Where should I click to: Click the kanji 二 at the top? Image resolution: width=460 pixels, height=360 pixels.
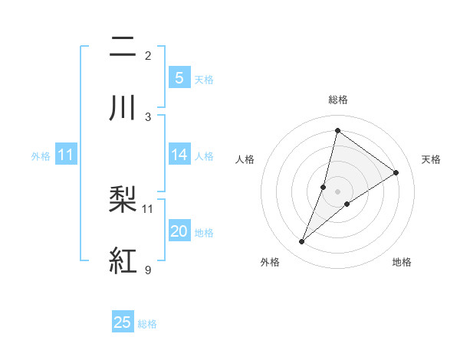(123, 47)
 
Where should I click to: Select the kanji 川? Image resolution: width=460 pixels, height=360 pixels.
(123, 108)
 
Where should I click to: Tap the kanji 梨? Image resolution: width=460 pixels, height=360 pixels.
(123, 200)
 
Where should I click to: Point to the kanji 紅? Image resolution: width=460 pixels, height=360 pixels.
(123, 261)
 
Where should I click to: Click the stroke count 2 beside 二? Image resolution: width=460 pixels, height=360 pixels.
(148, 55)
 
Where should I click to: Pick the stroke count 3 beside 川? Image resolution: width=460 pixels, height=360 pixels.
(148, 116)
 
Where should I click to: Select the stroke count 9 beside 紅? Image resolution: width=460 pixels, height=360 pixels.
(148, 270)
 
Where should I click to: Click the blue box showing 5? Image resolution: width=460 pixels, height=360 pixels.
(179, 77)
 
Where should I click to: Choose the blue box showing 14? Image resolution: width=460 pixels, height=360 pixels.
(179, 155)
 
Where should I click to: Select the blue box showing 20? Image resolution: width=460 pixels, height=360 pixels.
(179, 231)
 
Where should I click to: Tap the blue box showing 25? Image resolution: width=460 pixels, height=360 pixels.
(123, 322)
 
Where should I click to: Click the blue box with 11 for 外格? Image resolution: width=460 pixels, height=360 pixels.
(66, 155)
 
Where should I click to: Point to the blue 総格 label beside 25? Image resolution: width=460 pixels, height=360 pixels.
(147, 324)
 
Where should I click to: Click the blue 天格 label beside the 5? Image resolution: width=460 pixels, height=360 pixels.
(203, 79)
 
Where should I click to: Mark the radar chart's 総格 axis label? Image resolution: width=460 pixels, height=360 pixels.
(337, 100)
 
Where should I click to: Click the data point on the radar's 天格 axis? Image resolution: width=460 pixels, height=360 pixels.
(396, 172)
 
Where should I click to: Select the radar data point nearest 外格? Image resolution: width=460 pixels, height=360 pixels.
(301, 242)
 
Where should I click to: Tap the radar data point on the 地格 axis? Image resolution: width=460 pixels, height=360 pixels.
(347, 203)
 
